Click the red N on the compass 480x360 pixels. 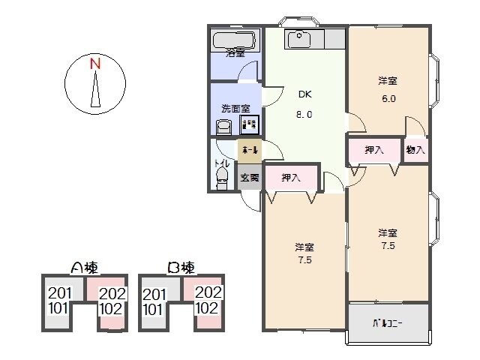click(94, 64)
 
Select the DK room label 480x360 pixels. click(304, 94)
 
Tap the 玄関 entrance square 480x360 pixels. click(250, 178)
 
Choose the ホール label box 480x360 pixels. click(250, 151)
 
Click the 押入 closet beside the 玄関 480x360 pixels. click(290, 178)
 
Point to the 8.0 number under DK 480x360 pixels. click(304, 115)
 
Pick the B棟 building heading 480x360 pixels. click(182, 268)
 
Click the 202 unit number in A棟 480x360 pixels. click(112, 293)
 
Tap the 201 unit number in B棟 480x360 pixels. click(154, 293)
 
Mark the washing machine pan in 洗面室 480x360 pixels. click(250, 124)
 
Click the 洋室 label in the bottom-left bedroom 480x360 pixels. click(304, 247)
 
